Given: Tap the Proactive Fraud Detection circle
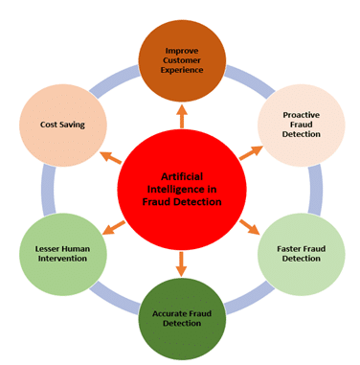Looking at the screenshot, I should [301, 123].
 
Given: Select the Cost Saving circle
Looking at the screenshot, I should [60, 125].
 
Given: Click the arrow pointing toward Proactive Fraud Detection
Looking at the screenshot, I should [252, 151].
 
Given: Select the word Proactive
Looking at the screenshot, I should [301, 115].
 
